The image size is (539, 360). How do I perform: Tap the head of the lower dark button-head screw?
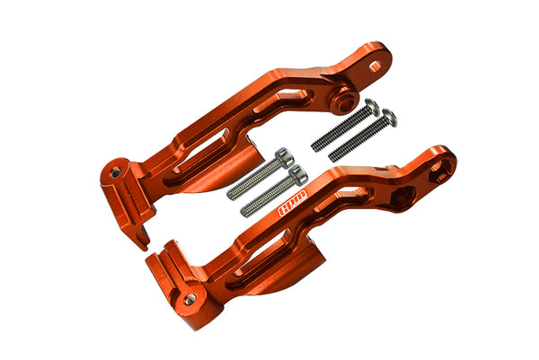point(388,118)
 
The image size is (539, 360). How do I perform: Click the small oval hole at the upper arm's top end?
point(375,66)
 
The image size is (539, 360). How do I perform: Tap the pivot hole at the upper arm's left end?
point(115,170)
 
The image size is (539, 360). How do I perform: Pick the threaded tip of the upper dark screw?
point(316,144)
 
